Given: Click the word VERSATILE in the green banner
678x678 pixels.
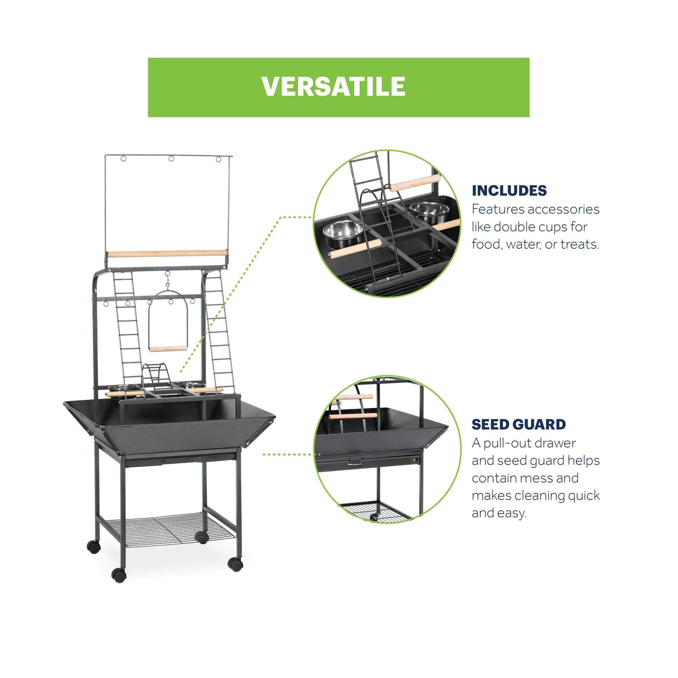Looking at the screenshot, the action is (x=333, y=86).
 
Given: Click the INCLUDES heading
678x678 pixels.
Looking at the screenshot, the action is (x=509, y=191).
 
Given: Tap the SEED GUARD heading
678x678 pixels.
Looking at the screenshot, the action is (x=519, y=425).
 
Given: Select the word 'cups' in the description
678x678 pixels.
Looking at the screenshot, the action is (x=548, y=227).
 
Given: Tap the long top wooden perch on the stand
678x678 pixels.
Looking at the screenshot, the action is (x=167, y=254).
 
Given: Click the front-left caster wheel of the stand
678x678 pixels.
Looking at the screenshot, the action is (x=119, y=575).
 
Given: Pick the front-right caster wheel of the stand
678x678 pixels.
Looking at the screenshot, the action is (x=235, y=564).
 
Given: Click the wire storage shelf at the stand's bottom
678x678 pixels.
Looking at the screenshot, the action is (x=169, y=530).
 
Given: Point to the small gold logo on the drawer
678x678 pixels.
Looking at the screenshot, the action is (x=415, y=459).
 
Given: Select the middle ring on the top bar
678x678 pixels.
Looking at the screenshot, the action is (x=171, y=158).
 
